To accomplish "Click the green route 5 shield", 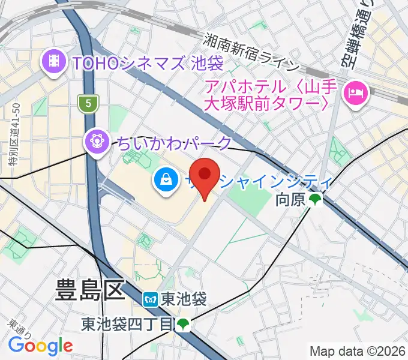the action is pos(88,103).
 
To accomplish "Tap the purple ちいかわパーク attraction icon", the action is pos(97,142).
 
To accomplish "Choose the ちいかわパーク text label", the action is pos(173,143).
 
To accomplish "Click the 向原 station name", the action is pos(290,200).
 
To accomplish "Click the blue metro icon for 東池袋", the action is pos(150,298).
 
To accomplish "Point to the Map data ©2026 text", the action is pos(358,350).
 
